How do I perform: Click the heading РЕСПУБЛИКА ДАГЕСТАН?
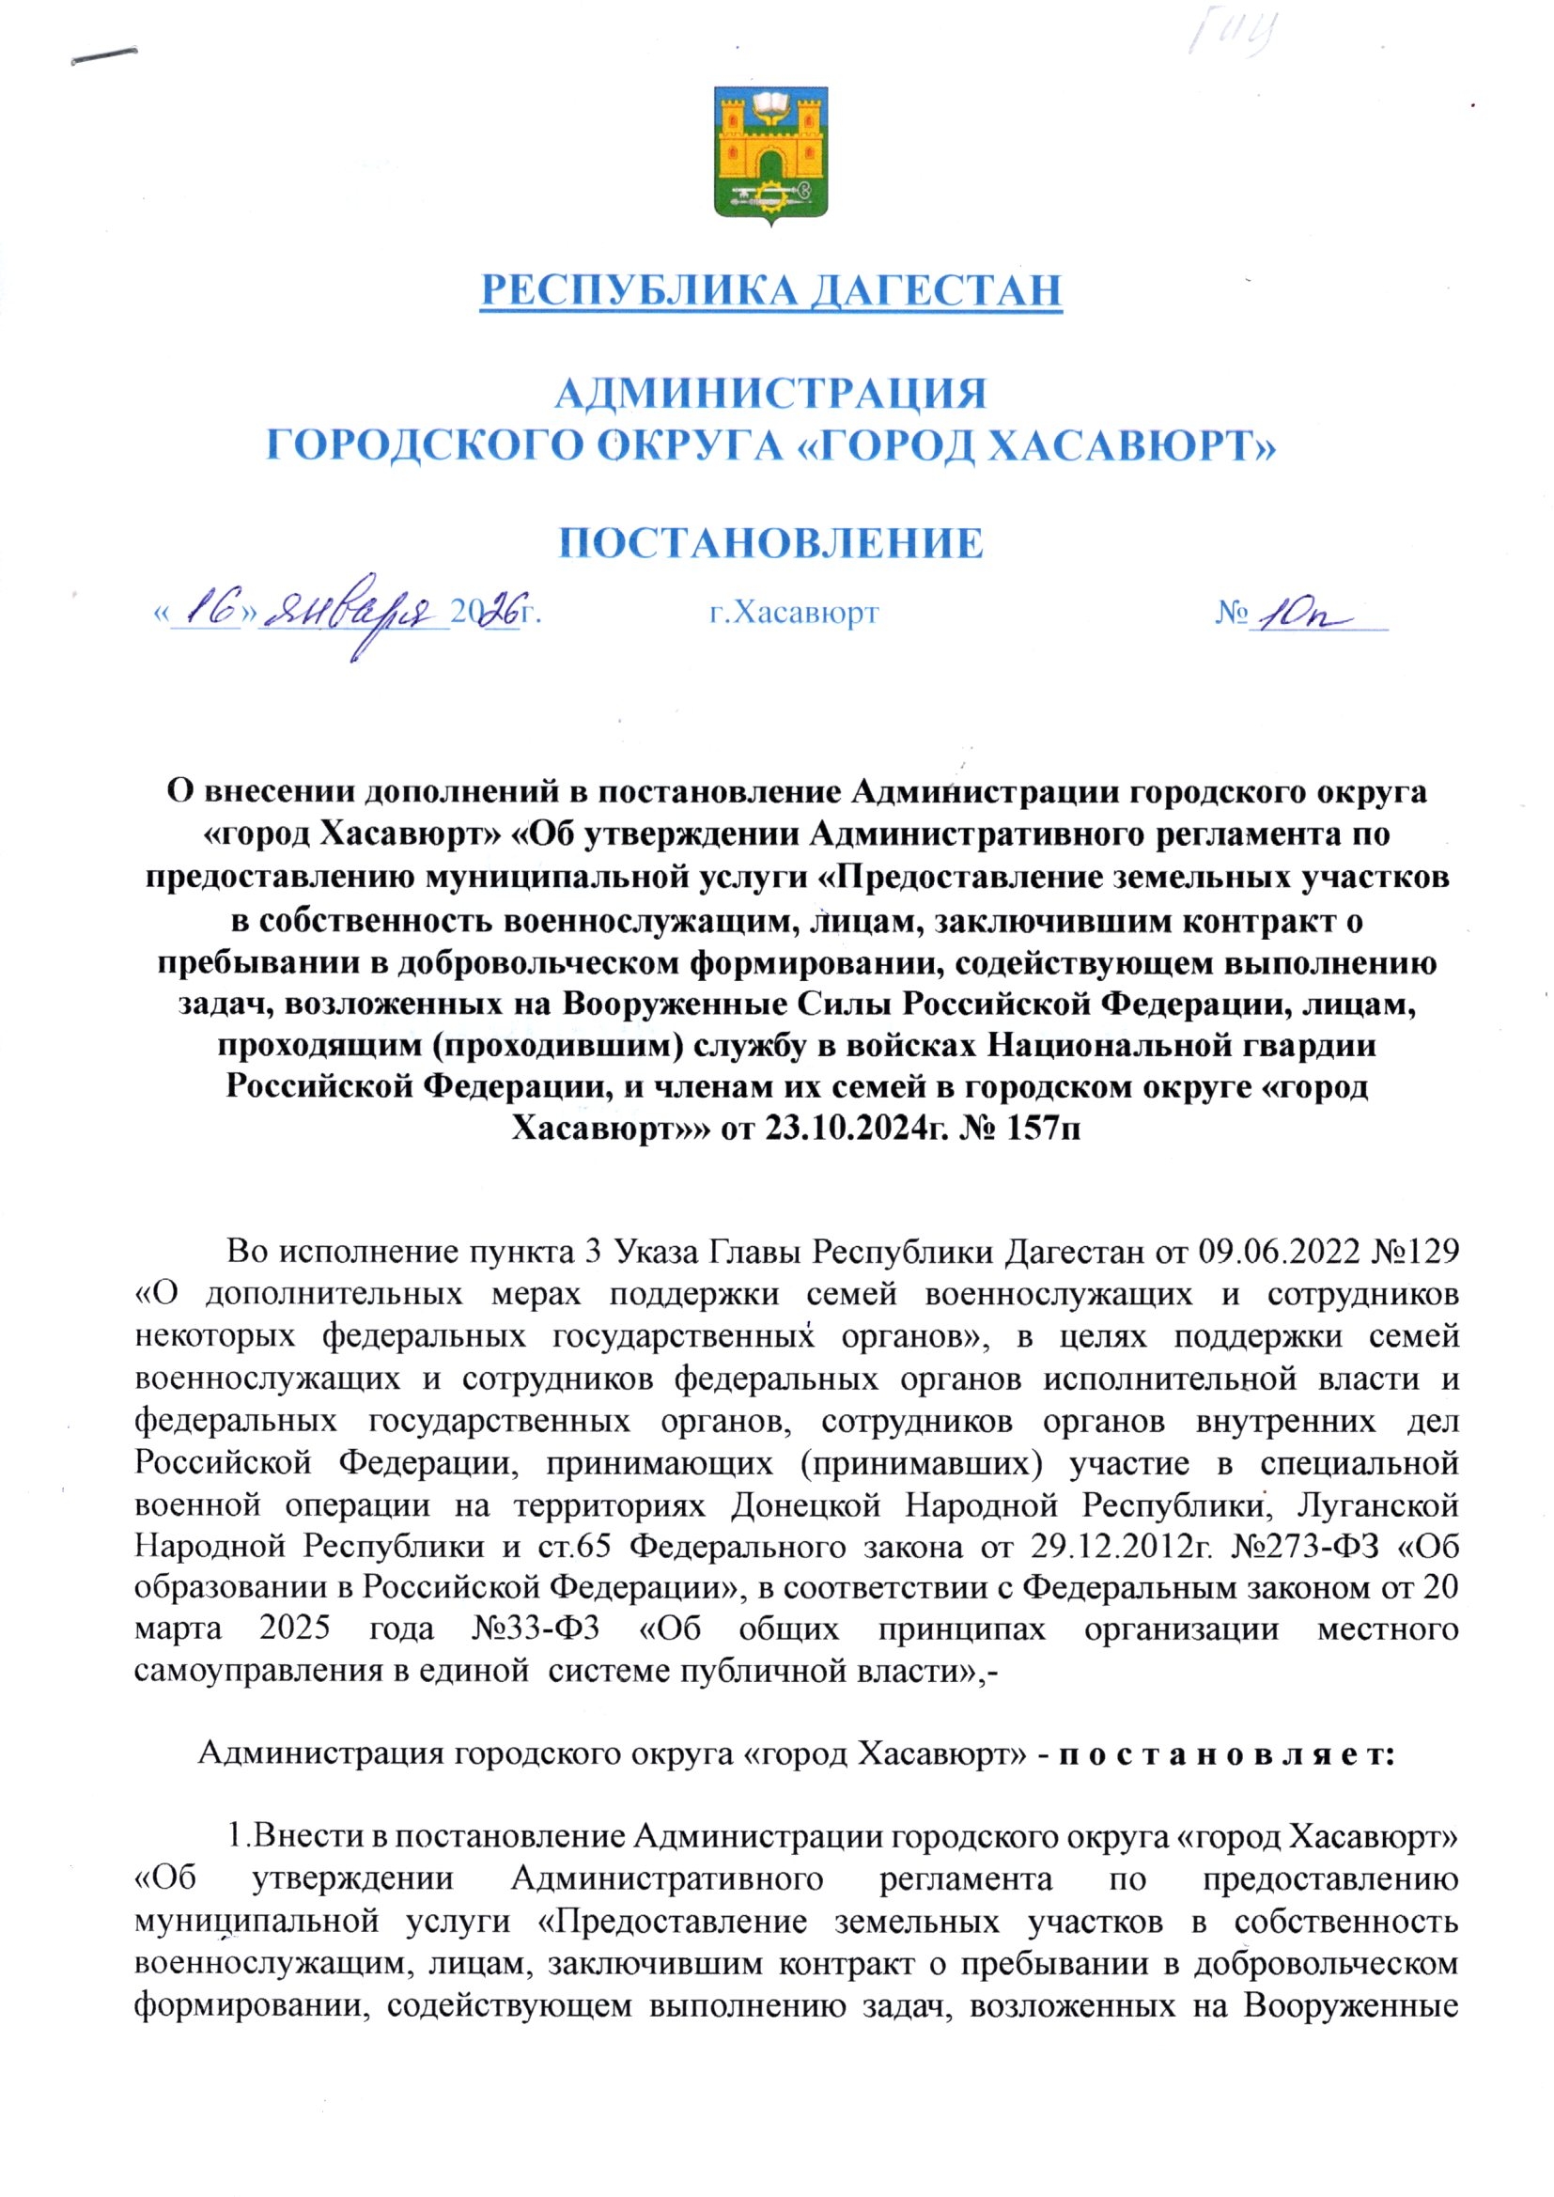point(771,290)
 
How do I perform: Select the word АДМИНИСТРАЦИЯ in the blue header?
point(771,394)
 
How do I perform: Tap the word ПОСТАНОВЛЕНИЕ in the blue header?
point(771,543)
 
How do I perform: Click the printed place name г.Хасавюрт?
point(794,613)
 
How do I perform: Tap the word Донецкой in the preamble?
point(805,1505)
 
